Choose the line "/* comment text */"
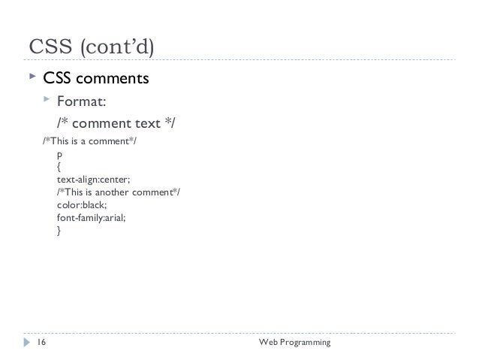click(x=116, y=123)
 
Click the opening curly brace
click(x=59, y=168)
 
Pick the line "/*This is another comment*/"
click(x=118, y=193)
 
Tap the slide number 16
click(x=41, y=343)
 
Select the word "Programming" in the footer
click(x=306, y=343)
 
